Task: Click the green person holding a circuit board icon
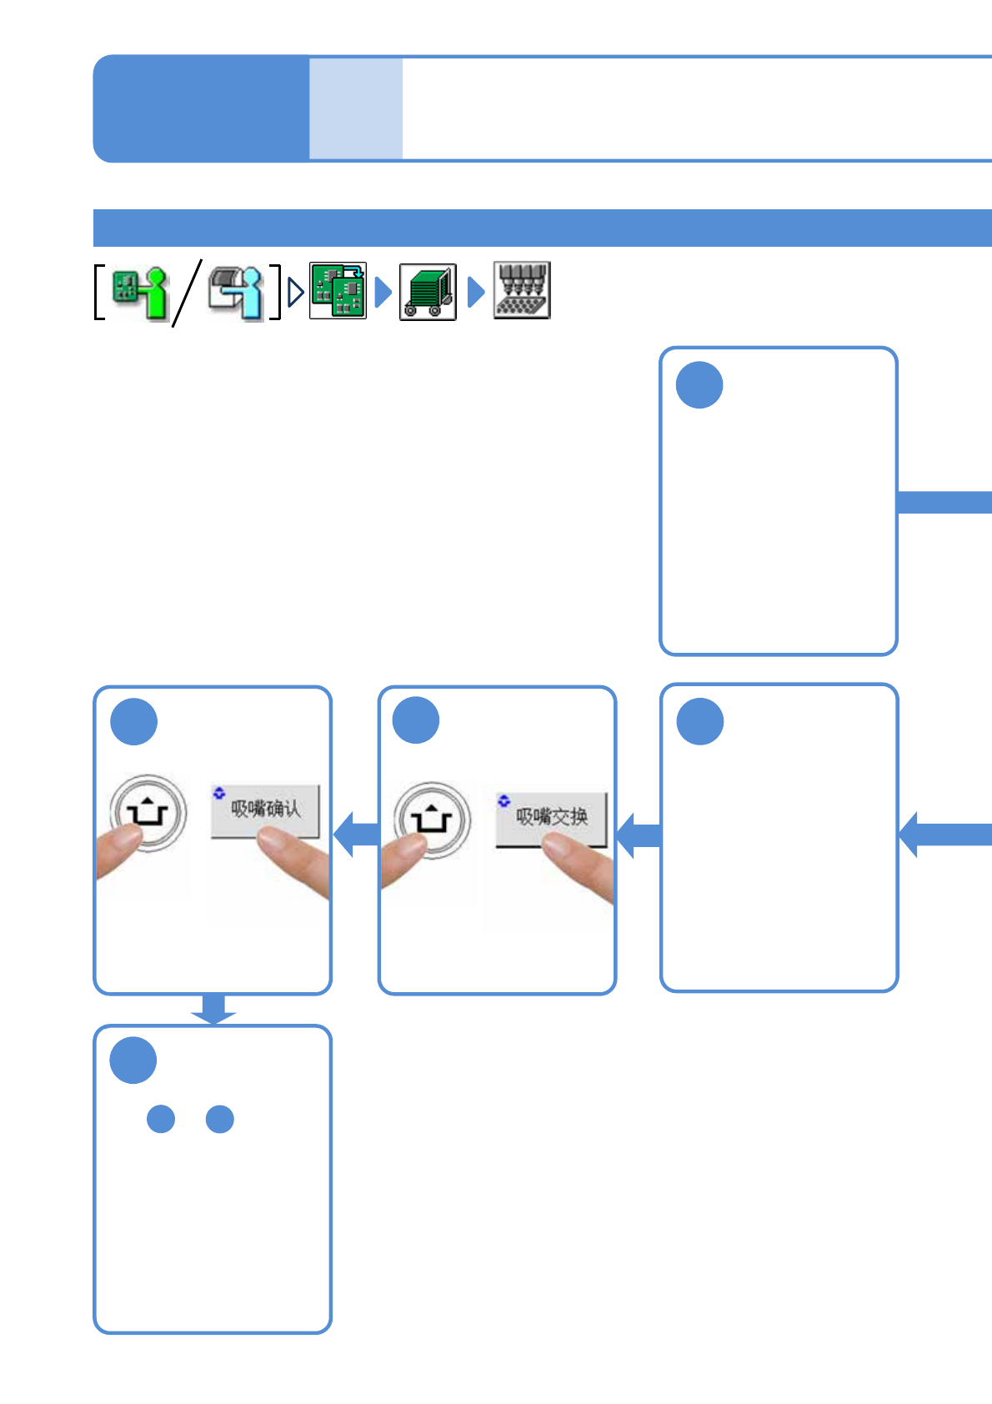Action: point(140,292)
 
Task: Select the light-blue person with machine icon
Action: point(236,292)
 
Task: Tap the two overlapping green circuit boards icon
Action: point(338,290)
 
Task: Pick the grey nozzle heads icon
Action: point(522,290)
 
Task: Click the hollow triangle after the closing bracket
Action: point(295,292)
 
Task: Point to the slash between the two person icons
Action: point(187,292)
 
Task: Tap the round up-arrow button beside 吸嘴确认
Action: point(148,813)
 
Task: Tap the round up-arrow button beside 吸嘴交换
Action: point(431,820)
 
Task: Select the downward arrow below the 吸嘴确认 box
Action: point(213,1009)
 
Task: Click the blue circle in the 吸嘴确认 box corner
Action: point(133,721)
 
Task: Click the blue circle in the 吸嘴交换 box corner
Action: point(416,720)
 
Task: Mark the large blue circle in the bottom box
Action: point(133,1061)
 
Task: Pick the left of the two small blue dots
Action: point(161,1119)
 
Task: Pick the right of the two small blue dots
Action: point(220,1119)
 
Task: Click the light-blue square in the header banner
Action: point(356,108)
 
